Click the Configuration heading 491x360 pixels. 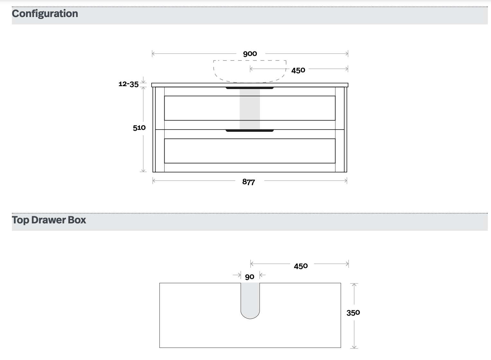[45, 14]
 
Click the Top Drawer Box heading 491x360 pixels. [49, 220]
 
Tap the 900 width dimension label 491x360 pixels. [250, 54]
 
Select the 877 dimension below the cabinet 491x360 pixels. [249, 182]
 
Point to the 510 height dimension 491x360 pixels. [139, 128]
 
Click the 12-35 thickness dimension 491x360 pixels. [129, 84]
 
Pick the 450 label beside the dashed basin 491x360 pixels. [298, 70]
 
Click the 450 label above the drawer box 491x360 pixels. [301, 266]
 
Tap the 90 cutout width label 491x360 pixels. [250, 277]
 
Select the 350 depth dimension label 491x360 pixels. [353, 313]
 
